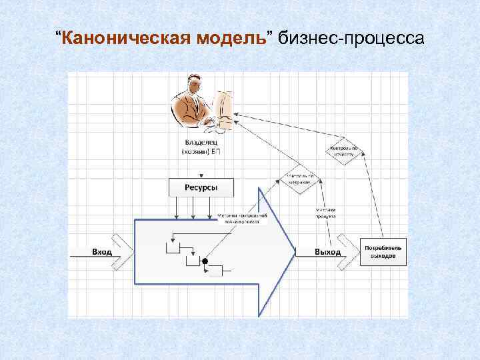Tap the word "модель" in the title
tap(231, 38)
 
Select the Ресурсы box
tap(201, 187)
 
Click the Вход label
tap(102, 252)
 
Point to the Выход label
tap(327, 252)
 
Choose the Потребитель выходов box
tap(382, 252)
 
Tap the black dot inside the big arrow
tap(205, 261)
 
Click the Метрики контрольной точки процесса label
tap(243, 219)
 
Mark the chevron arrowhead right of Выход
tap(349, 252)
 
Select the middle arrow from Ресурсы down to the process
tap(193, 208)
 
